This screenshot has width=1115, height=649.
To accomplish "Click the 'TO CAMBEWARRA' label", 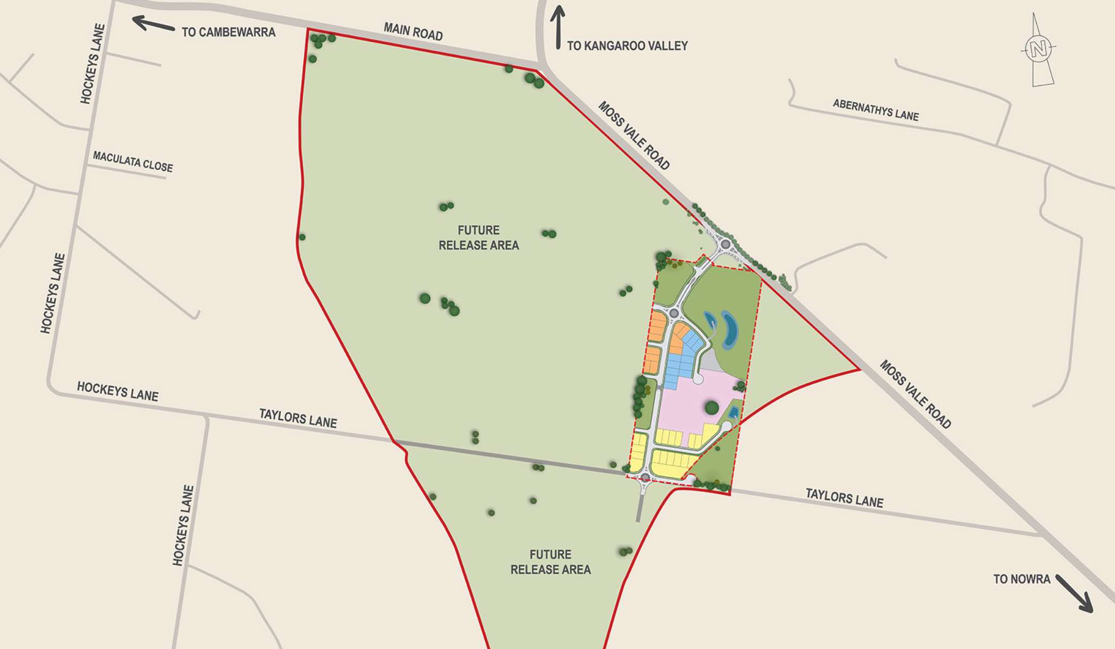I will tap(228, 32).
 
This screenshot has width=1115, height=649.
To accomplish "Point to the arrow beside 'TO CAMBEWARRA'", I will tap(153, 24).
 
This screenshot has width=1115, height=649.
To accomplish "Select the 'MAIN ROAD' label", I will tap(413, 32).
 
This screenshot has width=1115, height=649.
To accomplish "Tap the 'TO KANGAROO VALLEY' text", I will tap(627, 46).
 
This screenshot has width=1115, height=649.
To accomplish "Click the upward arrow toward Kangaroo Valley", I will tap(557, 27).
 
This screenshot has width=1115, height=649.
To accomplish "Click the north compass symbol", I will tap(1038, 49).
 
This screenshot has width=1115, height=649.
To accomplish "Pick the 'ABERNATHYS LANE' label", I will tap(875, 110).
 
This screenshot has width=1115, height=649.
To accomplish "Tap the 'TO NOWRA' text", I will tap(1021, 579).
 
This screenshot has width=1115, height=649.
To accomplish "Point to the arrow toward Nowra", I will tap(1074, 593).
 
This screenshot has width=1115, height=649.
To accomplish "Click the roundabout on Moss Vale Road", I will tap(725, 245).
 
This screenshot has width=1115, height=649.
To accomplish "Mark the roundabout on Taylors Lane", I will tap(645, 477).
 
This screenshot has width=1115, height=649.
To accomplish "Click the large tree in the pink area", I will tap(712, 408).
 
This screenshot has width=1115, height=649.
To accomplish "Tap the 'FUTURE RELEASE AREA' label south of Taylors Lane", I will tap(550, 562).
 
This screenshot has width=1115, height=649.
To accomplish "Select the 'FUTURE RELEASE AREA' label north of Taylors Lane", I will tap(478, 238).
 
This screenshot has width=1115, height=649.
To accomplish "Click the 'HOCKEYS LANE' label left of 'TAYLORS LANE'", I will tap(118, 392).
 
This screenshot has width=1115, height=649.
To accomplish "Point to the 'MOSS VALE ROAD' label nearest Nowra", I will tap(915, 394).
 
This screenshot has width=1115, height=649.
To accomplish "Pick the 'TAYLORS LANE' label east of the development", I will tap(844, 498).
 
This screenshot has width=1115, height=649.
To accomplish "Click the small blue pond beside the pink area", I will tap(734, 412).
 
